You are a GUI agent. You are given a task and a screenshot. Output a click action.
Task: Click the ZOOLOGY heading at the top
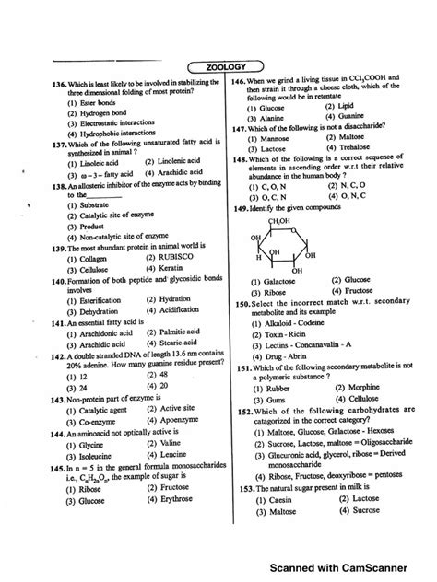pyautogui.click(x=218, y=65)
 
